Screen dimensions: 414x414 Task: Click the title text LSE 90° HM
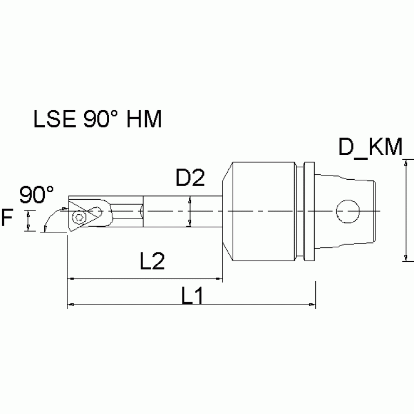click(x=97, y=119)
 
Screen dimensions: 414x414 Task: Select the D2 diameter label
click(x=190, y=178)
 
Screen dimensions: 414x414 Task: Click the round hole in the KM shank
click(x=347, y=210)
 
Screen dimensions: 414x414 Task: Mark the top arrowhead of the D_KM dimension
click(x=405, y=160)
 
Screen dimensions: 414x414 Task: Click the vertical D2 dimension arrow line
click(x=190, y=212)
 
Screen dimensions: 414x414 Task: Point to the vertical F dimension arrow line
click(x=27, y=221)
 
